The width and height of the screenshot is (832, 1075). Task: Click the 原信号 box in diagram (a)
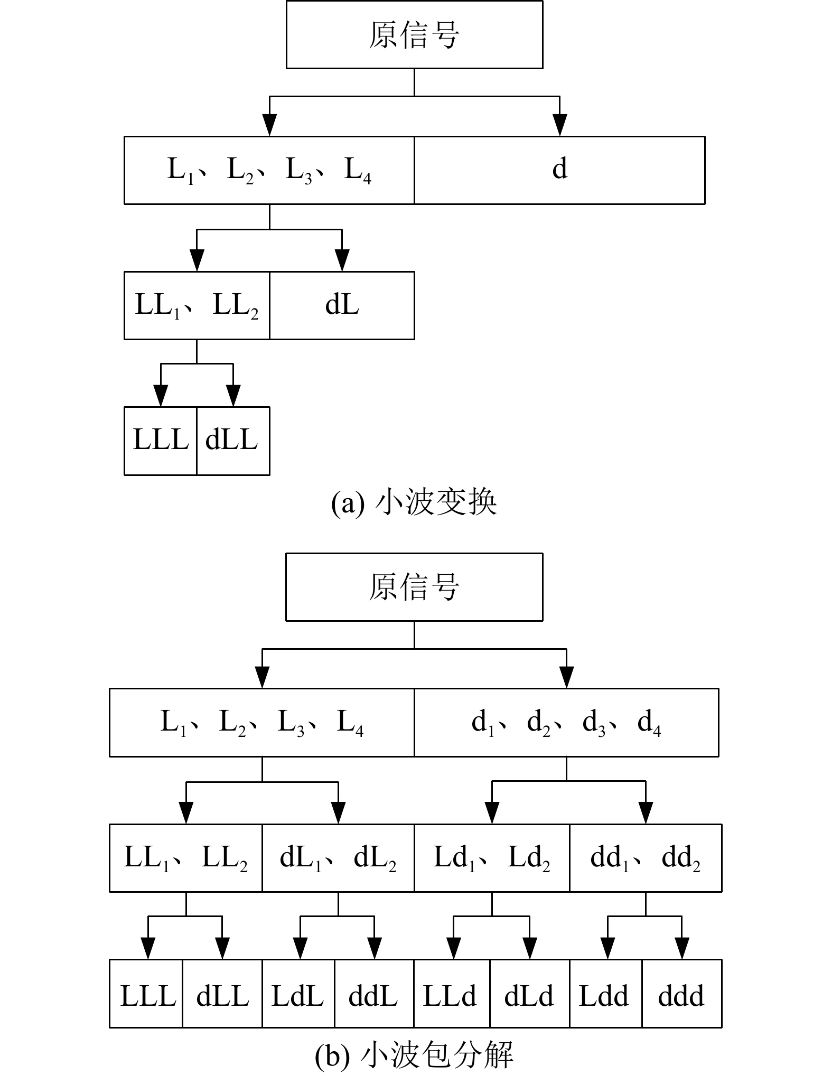(x=414, y=35)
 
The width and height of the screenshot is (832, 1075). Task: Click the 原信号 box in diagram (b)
(x=414, y=587)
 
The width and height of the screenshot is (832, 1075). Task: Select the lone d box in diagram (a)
(x=559, y=170)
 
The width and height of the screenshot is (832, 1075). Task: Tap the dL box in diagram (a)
(x=342, y=305)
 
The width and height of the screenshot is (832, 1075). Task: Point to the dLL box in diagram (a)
(x=232, y=441)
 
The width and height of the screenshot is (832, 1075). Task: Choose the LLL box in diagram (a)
(x=161, y=441)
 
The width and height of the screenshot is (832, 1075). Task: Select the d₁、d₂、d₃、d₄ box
(x=566, y=722)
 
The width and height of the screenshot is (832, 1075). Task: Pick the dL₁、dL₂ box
(x=338, y=857)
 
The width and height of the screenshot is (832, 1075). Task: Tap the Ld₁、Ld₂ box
(x=492, y=857)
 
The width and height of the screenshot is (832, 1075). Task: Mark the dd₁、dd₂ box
(x=646, y=857)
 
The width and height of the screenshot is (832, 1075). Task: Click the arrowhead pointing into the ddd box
(x=682, y=948)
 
